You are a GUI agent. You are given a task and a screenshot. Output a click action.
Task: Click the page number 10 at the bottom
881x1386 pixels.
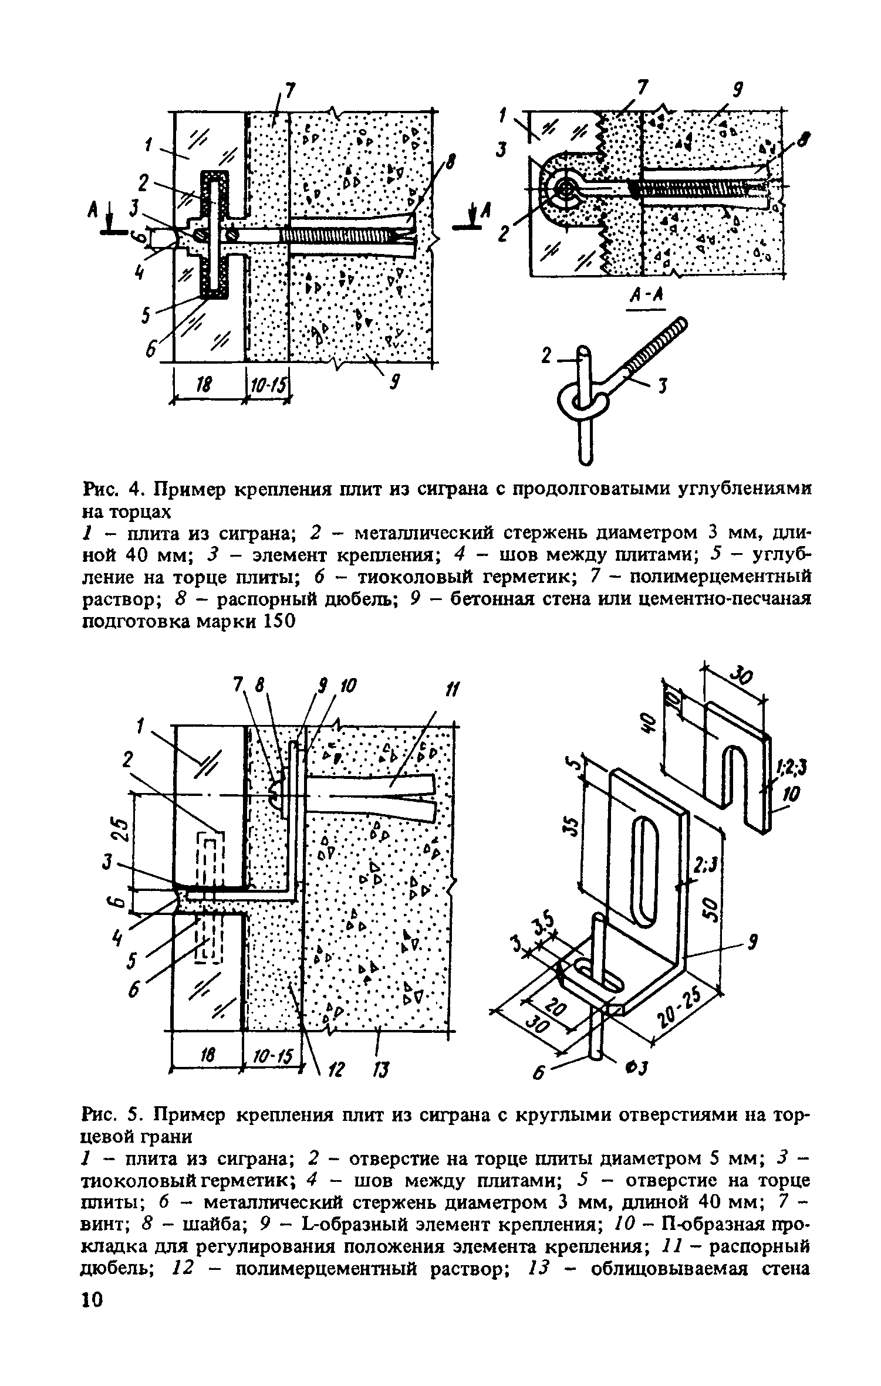point(93,1365)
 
